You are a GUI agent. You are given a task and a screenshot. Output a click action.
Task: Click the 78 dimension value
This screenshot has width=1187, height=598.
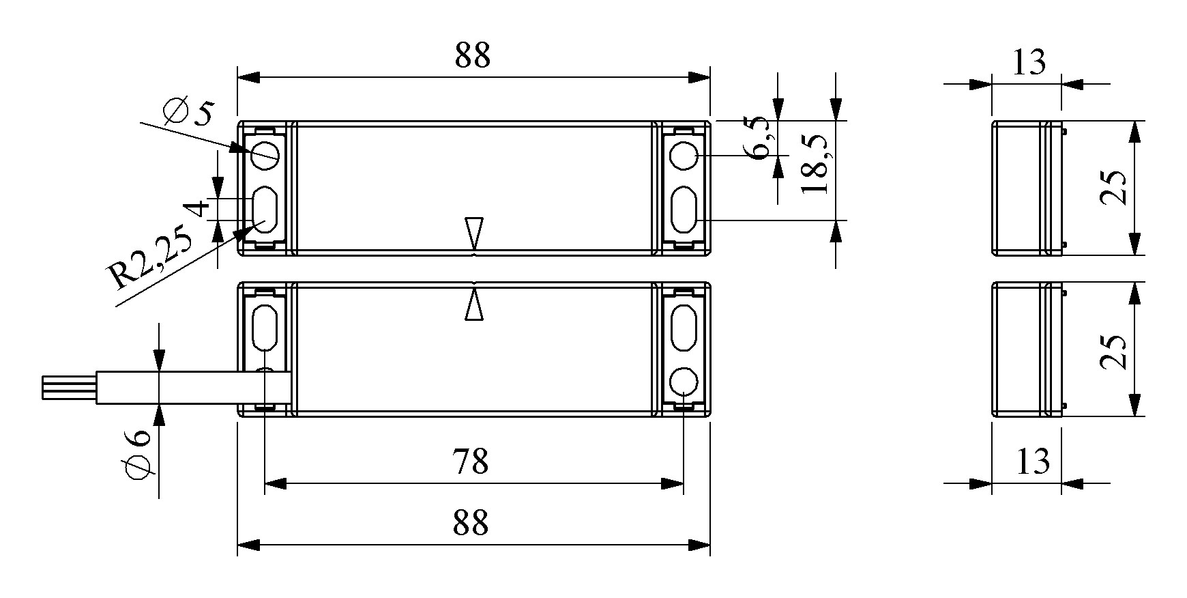coord(471,462)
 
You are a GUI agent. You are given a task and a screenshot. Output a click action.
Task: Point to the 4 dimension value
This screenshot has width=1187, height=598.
coord(197,208)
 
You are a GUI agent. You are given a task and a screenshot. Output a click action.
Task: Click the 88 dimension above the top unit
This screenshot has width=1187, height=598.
coord(473,55)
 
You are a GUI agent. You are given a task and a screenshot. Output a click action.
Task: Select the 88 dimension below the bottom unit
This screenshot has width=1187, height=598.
coord(471,523)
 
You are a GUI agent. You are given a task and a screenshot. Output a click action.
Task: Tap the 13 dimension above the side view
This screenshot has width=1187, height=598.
coord(1028,62)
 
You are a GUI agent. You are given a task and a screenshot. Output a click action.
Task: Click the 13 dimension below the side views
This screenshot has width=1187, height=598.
coord(1033,462)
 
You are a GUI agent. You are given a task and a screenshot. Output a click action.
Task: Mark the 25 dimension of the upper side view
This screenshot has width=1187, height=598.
coord(1113,188)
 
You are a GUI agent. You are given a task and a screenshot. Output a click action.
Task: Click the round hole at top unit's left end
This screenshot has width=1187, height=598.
coord(265,155)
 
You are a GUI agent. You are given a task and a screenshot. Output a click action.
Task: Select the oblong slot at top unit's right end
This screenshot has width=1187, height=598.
coord(683,212)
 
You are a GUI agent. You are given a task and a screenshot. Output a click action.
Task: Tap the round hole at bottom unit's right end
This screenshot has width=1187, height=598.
coord(683,382)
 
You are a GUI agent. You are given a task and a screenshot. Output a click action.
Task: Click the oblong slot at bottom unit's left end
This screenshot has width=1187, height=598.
coord(265,326)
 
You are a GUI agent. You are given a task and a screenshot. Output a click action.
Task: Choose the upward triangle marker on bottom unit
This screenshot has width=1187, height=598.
coord(473,304)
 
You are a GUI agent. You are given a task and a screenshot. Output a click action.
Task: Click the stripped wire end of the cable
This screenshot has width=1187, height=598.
coord(69,388)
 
